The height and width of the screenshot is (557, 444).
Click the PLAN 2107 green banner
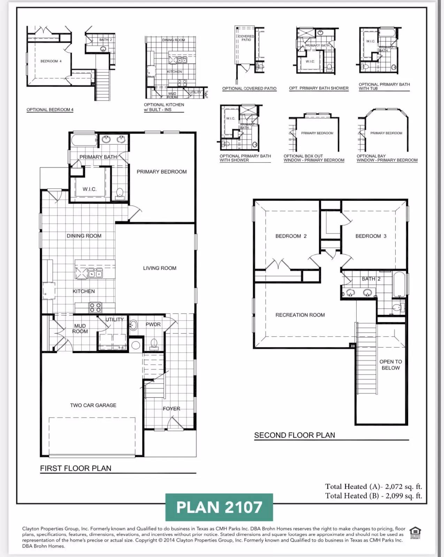[x=219, y=507]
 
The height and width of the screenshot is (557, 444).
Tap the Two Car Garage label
[x=93, y=405]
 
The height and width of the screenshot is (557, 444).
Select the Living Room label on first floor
[x=160, y=268]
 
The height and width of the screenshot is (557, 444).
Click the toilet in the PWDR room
[x=154, y=344]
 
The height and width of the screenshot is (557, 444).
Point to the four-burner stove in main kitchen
[x=95, y=307]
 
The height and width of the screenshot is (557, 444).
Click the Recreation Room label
[x=300, y=315]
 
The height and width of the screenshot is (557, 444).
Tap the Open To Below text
[x=391, y=365]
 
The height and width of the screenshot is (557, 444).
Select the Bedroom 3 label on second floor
[x=371, y=236]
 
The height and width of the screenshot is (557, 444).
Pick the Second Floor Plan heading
[x=294, y=435]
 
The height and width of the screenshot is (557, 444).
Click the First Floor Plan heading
[x=76, y=469]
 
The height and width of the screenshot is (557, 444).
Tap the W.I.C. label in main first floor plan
[x=90, y=189]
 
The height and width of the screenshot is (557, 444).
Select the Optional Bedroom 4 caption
[x=50, y=110]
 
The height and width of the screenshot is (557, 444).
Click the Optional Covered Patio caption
[x=249, y=88]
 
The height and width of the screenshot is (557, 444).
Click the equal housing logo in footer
[x=415, y=533]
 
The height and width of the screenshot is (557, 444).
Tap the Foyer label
[x=171, y=409]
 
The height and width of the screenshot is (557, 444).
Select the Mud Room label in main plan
[x=80, y=329]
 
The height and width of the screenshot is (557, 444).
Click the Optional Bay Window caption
[x=387, y=158]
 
